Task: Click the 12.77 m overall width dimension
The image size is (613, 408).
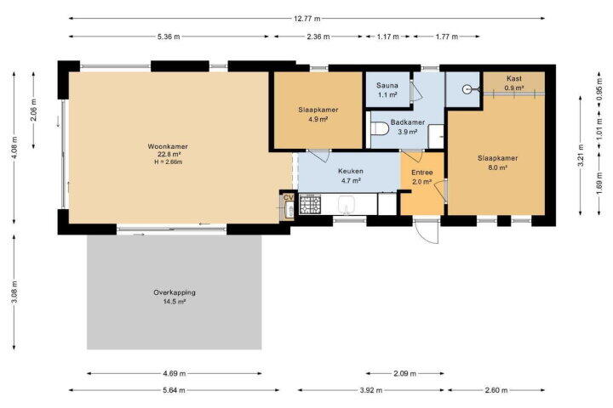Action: tap(306, 19)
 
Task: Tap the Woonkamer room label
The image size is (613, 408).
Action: tap(168, 146)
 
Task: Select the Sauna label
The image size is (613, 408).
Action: tap(387, 85)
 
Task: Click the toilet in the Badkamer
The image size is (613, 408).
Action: tap(379, 128)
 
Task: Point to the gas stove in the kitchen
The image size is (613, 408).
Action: tap(310, 204)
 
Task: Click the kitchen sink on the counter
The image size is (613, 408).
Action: tap(347, 205)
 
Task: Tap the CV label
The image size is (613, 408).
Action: tap(288, 197)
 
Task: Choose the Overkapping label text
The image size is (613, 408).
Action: tap(175, 292)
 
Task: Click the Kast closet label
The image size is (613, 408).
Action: tap(514, 78)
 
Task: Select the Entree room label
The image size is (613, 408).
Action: tap(421, 173)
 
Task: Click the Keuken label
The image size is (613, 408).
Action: tap(351, 171)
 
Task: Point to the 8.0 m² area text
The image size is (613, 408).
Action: tap(498, 167)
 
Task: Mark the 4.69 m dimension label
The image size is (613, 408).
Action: tap(175, 374)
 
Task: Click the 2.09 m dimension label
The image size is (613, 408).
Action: tap(404, 374)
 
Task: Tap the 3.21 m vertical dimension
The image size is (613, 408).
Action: tap(581, 156)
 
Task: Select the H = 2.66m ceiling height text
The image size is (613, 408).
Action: tap(168, 161)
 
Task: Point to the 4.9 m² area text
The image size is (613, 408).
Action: tap(318, 119)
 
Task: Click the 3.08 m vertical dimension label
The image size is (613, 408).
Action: tap(14, 292)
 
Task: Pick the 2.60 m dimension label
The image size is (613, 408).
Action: tap(496, 390)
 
